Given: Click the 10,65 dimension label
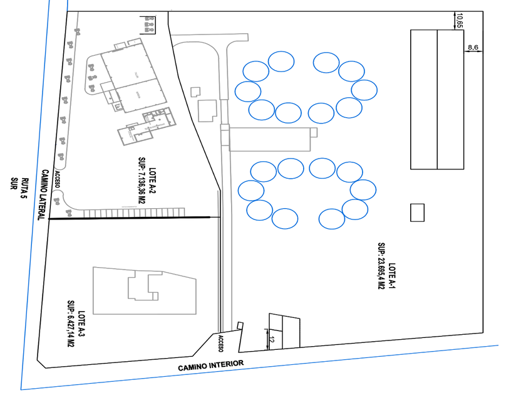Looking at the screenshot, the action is pos(460,20).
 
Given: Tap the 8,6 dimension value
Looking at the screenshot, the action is pos(473,47).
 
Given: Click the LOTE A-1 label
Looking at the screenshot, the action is pos(393,276).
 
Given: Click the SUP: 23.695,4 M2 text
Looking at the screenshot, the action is pos(381,266).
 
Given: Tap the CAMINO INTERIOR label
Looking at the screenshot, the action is pos(210,365).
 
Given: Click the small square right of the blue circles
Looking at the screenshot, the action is pos(417,213).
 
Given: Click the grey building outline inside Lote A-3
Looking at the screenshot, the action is pos(144,291).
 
